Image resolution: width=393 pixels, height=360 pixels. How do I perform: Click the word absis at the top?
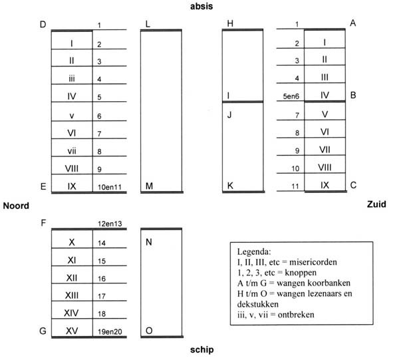pyautogui.click(x=201, y=6)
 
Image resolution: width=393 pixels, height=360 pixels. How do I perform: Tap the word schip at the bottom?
pyautogui.click(x=201, y=350)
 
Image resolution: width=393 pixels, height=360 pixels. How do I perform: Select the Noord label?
pyautogui.click(x=16, y=206)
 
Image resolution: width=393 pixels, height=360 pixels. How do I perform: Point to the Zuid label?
pyautogui.click(x=376, y=204)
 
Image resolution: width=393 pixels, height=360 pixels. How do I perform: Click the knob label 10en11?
pyautogui.click(x=110, y=187)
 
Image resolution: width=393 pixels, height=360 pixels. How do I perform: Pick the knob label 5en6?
pyautogui.click(x=291, y=96)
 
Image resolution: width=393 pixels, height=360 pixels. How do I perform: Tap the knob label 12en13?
pyautogui.click(x=110, y=224)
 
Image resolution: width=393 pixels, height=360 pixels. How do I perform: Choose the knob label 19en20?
pyautogui.click(x=110, y=331)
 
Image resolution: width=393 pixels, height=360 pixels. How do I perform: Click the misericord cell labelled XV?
pyautogui.click(x=72, y=328)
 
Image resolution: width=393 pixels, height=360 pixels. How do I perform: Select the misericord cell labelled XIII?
pyautogui.click(x=72, y=292)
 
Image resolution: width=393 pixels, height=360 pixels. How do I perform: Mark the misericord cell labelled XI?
pyautogui.click(x=72, y=257)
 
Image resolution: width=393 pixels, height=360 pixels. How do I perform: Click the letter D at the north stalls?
pyautogui.click(x=43, y=25)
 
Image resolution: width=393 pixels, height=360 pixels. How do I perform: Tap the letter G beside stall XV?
pyautogui.click(x=43, y=331)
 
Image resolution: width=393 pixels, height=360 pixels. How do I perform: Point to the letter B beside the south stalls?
pyautogui.click(x=353, y=95)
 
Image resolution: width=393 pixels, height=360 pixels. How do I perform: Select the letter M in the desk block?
pyautogui.click(x=149, y=186)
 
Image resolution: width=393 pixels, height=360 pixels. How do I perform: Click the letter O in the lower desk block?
pyautogui.click(x=149, y=331)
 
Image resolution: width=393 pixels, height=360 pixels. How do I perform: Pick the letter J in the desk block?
pyautogui.click(x=229, y=115)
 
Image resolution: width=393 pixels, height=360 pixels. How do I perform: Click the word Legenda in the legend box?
pyautogui.click(x=254, y=252)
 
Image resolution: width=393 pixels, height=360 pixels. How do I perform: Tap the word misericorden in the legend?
pyautogui.click(x=313, y=262)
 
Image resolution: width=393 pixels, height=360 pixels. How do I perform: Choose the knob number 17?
pyautogui.click(x=102, y=296)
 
